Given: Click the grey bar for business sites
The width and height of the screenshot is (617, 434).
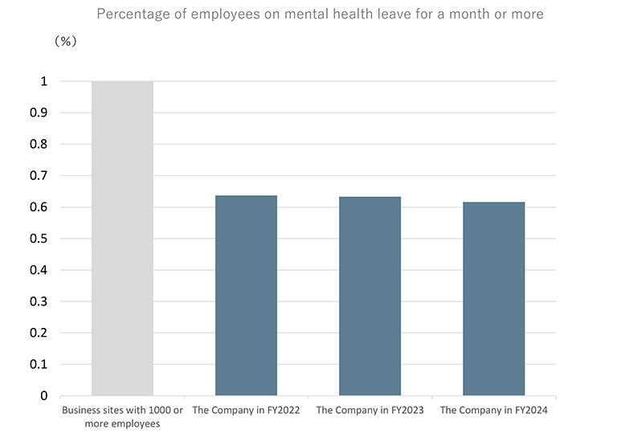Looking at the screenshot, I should tap(122, 238).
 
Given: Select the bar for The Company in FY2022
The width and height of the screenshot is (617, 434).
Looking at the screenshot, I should tap(246, 296).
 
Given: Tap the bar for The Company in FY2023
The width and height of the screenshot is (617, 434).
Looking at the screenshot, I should tap(370, 296).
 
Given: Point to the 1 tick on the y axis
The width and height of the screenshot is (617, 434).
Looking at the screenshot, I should tap(44, 81).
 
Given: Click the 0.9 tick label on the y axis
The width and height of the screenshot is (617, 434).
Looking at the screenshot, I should tap(39, 113).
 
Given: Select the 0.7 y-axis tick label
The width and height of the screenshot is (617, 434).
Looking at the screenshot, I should tap(39, 175).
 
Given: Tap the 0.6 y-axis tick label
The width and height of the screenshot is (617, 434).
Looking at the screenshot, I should tap(39, 207).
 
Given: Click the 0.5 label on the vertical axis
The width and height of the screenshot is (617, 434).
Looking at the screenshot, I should tap(39, 239).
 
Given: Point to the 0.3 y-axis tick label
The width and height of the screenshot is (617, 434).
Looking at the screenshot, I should tap(39, 301).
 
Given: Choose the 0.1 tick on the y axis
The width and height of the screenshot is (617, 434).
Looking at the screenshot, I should tap(39, 364).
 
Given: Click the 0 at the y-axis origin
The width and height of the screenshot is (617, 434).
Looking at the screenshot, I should tap(44, 395).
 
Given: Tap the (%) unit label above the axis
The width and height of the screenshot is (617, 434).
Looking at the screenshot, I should tap(65, 42).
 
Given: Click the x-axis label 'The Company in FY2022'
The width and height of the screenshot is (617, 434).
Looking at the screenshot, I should tap(246, 411).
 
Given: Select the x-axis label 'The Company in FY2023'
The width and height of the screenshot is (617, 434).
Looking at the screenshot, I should tap(370, 411).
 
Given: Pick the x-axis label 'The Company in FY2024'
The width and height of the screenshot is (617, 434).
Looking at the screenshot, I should tap(493, 411).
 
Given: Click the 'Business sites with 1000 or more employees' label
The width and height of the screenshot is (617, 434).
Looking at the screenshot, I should tap(122, 417).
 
